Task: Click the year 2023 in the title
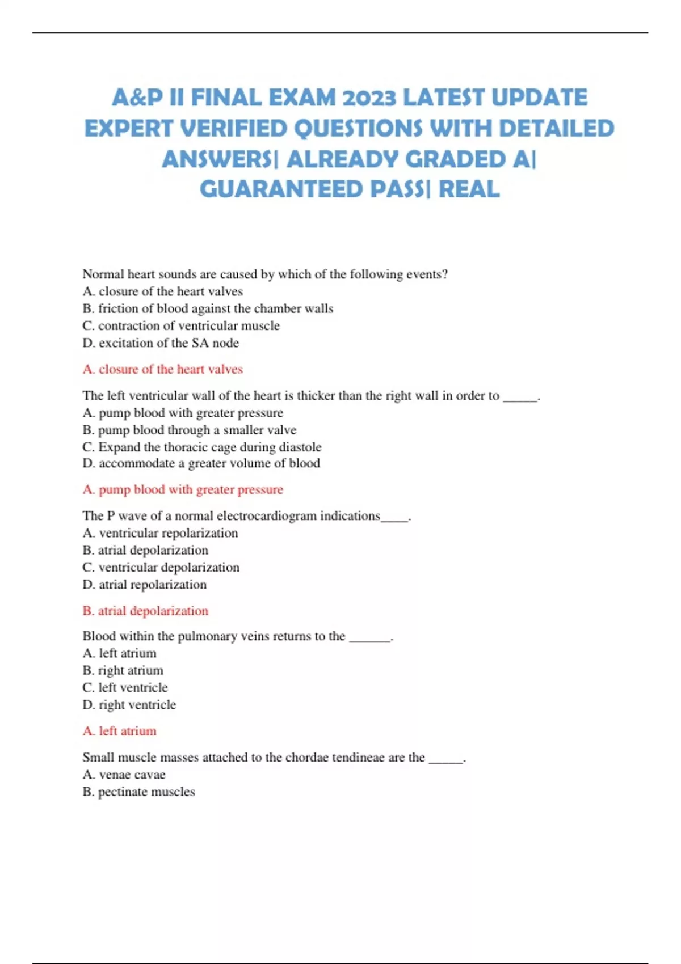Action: (x=369, y=98)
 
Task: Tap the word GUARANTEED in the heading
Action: (x=282, y=189)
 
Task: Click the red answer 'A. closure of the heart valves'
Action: (x=162, y=369)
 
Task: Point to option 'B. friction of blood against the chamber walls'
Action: (x=208, y=308)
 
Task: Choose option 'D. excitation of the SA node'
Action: (x=161, y=343)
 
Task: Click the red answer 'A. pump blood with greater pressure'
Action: (x=183, y=489)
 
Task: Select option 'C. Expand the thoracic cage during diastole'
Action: (x=202, y=447)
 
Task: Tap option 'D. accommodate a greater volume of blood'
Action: (x=201, y=463)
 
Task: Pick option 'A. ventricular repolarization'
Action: (x=160, y=533)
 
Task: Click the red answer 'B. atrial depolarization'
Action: (x=145, y=611)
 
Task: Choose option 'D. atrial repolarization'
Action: (x=145, y=585)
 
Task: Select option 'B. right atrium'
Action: (x=123, y=670)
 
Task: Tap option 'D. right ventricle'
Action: (x=129, y=705)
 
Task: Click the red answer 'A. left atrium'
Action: (x=119, y=731)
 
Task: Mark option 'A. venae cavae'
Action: (x=124, y=775)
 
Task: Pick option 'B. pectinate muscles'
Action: (x=138, y=792)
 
